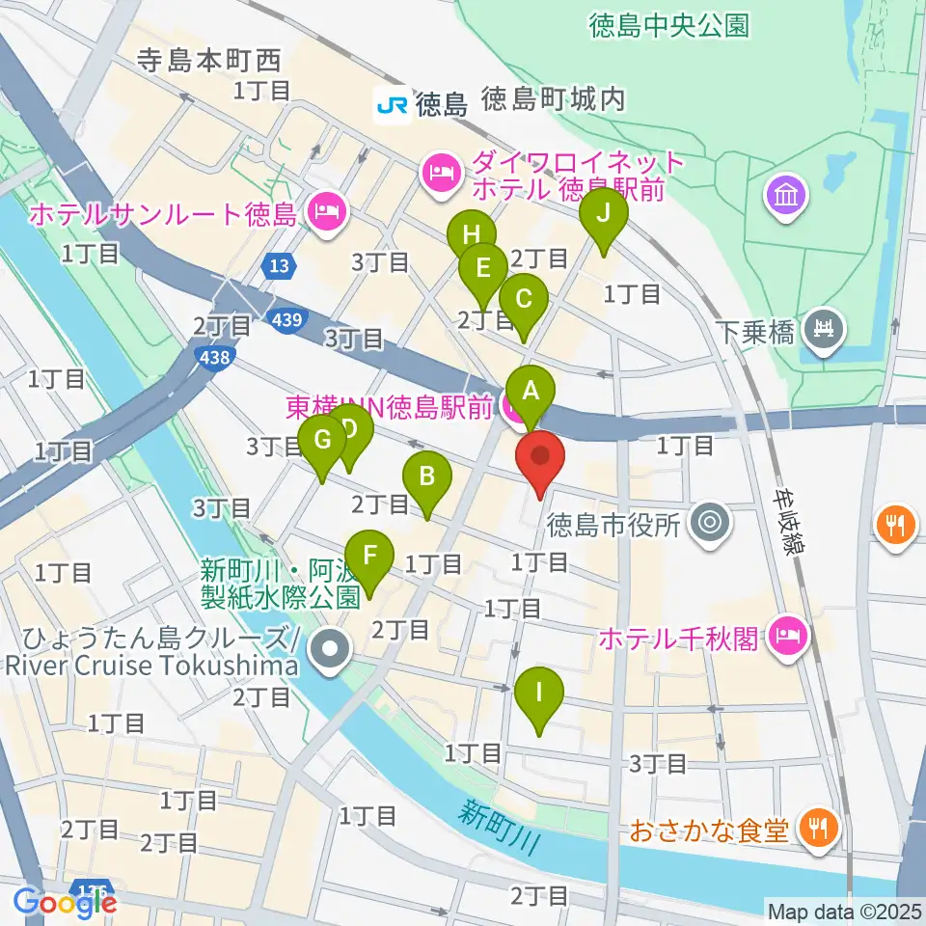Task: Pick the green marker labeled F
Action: (x=368, y=557)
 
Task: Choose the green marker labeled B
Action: (x=425, y=477)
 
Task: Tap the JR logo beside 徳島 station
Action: (x=393, y=103)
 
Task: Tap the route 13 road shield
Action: (x=279, y=266)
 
